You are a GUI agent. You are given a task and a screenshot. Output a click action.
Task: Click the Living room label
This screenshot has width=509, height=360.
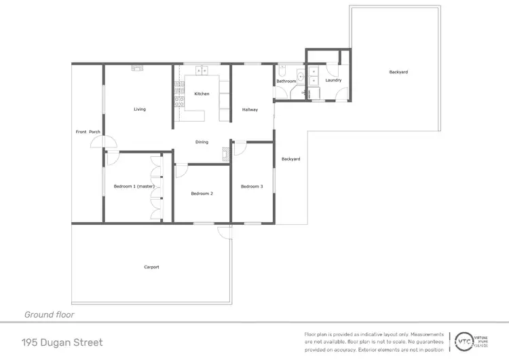(139, 109)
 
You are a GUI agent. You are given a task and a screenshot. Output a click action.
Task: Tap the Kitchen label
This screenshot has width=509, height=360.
(202, 94)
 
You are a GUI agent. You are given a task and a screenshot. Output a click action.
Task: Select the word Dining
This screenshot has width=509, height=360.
(202, 142)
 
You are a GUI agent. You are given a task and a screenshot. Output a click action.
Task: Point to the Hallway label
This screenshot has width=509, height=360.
(250, 109)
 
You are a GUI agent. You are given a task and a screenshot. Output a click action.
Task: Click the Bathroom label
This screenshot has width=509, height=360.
(286, 82)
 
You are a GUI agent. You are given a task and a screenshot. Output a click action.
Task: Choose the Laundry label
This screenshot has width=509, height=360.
(333, 80)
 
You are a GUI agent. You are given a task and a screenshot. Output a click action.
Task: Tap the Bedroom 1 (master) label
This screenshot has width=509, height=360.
(134, 186)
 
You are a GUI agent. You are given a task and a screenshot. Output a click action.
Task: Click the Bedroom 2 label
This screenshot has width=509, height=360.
(202, 194)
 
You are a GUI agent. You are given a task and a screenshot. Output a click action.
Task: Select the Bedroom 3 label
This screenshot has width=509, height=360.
(252, 186)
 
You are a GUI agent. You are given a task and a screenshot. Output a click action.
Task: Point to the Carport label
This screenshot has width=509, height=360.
(151, 267)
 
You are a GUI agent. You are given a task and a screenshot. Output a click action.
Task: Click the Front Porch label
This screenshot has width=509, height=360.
(88, 132)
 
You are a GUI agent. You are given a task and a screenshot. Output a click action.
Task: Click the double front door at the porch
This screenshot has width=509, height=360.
(100, 142)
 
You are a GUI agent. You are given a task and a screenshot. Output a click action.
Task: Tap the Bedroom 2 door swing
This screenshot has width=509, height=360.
(181, 170)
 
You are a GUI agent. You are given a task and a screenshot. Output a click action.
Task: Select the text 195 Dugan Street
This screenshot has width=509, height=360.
(62, 342)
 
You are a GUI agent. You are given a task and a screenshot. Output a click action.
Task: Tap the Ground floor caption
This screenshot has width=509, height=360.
(49, 314)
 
